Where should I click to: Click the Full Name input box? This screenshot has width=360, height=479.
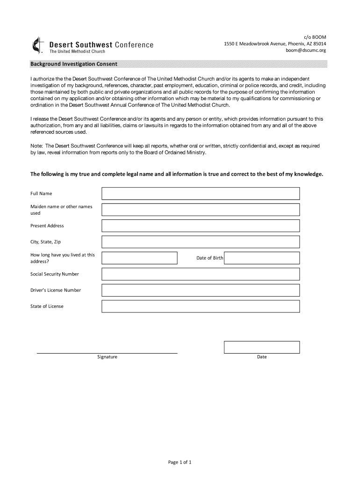point(201,193)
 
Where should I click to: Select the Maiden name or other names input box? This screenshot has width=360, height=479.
point(201,209)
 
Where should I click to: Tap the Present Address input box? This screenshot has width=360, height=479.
point(201,225)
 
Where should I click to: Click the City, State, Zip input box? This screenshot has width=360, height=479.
point(201,242)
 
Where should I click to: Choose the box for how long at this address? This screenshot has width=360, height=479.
point(139,258)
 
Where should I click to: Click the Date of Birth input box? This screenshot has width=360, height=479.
point(262,258)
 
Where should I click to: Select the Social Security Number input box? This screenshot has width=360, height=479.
point(201,274)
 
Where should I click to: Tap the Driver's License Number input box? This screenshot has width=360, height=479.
point(201,290)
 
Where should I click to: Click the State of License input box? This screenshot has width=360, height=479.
point(201,306)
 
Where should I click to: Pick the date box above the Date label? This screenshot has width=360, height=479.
point(262,347)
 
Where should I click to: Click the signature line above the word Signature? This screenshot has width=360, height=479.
point(107,352)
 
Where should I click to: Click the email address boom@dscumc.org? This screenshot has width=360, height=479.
point(306,51)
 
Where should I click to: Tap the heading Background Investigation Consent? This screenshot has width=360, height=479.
point(74,64)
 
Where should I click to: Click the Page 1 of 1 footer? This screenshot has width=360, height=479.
point(180,462)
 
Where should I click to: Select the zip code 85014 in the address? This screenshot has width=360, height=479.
point(319,44)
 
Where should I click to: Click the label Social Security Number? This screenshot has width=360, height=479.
point(55,274)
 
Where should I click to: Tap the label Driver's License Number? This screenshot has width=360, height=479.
point(56,290)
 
